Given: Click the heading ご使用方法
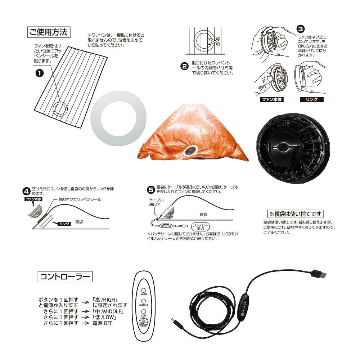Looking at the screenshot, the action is click(x=49, y=32).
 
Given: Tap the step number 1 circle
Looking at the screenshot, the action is click(x=40, y=73).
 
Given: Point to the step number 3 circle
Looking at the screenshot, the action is click(x=301, y=29).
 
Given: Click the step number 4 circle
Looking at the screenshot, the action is click(x=27, y=191).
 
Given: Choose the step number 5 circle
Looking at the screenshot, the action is click(x=151, y=190).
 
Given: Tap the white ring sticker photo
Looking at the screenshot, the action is click(x=118, y=118).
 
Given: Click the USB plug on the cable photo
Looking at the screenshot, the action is click(x=319, y=274).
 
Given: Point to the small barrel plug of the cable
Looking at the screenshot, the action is click(x=176, y=322).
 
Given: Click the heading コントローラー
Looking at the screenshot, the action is click(x=65, y=276).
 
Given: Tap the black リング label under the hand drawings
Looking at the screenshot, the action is click(x=312, y=99).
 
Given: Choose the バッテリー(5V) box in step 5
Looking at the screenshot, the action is click(x=201, y=226).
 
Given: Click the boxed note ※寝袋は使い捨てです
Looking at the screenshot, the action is click(x=296, y=214).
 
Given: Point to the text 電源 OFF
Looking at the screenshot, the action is click(x=103, y=323).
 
